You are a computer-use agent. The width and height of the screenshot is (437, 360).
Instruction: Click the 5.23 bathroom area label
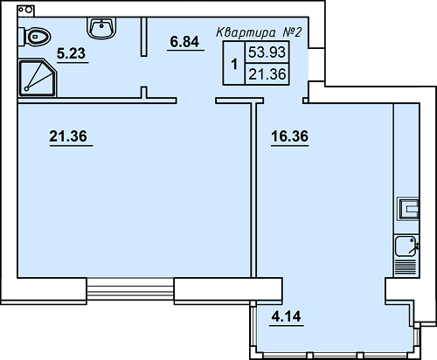[72, 53]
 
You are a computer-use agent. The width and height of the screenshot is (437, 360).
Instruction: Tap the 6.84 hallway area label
[184, 41]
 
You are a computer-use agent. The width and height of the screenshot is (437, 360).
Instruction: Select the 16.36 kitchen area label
[289, 136]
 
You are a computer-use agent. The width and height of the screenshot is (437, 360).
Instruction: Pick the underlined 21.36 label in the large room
[71, 136]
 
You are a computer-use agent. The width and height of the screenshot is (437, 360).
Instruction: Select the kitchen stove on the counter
[409, 209]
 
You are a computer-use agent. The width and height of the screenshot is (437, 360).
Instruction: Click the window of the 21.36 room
[135, 287]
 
